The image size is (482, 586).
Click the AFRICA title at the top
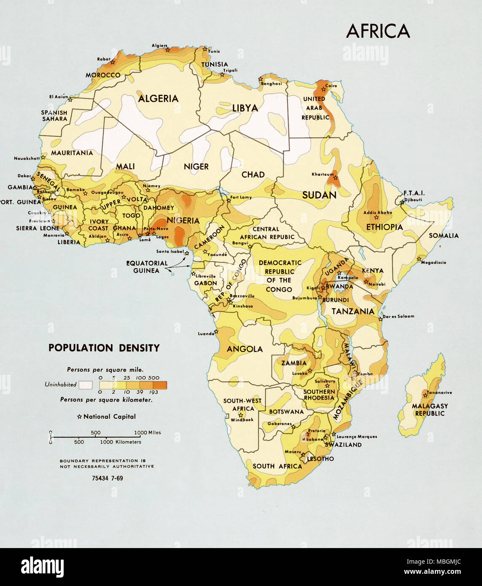coord(378,31)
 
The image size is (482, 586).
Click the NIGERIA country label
coord(183,220)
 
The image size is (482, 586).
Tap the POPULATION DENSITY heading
coord(104,348)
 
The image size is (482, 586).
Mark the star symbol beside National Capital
coord(79,417)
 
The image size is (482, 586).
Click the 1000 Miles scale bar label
coord(148,433)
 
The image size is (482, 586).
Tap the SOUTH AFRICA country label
coord(277,466)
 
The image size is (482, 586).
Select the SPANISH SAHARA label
coord(54,116)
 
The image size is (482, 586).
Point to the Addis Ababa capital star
coord(376,218)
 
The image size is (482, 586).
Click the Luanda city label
coord(206,333)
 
